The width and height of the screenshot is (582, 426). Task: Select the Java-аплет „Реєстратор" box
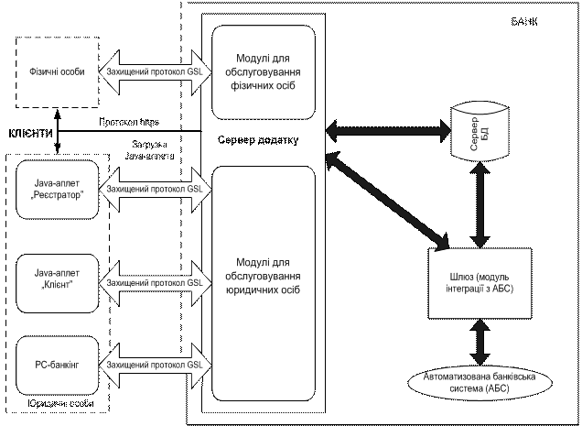[x=58, y=191]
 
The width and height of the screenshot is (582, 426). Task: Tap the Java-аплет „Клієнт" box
[x=58, y=277]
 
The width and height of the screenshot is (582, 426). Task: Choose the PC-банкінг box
[x=58, y=364]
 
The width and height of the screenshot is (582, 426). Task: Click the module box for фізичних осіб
[x=264, y=71]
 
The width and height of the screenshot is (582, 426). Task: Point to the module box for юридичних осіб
[x=264, y=283]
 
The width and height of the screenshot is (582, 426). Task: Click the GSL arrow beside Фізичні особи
[x=155, y=71]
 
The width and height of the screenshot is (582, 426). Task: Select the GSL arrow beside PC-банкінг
[x=155, y=364]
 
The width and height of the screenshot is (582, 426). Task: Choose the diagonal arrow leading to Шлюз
[x=385, y=201]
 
